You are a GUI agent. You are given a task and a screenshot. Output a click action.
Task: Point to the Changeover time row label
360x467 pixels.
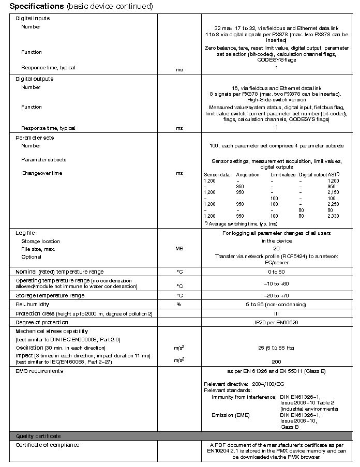click(41, 173)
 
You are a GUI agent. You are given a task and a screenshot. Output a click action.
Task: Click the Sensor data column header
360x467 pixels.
click(217, 175)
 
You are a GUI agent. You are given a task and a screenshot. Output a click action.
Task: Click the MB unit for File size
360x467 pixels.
click(179, 249)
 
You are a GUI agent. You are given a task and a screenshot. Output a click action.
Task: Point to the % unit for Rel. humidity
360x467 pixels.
click(179, 305)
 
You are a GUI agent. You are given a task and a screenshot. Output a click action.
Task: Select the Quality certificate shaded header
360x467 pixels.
click(38, 436)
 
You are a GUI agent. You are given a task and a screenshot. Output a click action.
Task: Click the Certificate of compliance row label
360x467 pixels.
click(47, 445)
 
